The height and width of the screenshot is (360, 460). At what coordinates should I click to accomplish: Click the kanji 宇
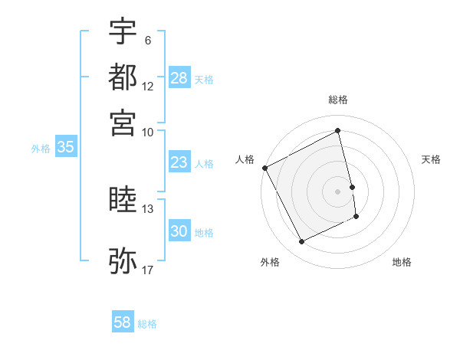123,32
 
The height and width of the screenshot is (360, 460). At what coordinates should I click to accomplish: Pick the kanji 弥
123,259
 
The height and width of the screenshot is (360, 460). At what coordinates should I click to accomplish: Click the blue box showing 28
179,79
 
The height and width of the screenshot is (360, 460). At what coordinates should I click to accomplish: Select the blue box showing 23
179,163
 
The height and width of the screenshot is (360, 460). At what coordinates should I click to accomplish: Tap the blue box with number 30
179,232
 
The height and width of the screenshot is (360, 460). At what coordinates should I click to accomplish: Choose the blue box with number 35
65,148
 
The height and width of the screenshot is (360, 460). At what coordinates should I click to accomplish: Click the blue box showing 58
123,323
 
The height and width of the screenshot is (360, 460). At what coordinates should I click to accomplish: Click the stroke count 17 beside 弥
147,270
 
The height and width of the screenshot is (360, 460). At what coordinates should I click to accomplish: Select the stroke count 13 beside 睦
147,208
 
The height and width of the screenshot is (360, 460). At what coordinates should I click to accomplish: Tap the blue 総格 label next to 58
147,324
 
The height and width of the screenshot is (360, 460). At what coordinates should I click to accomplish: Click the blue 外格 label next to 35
41,149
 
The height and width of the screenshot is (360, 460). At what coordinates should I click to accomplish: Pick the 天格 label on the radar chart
431,159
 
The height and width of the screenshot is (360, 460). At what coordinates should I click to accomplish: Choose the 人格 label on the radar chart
245,159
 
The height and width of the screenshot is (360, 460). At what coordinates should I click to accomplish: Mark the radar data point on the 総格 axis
338,131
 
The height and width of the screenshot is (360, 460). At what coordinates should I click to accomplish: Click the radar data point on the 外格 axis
301,242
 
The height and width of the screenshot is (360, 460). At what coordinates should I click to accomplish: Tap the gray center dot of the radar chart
338,191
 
